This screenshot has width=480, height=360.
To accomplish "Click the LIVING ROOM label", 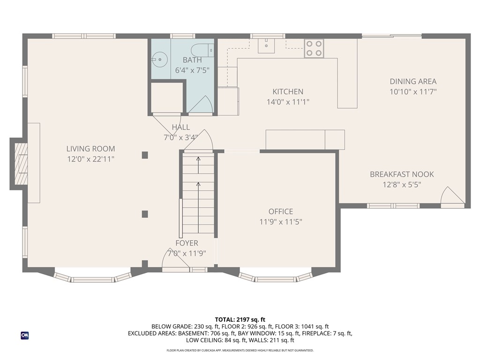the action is tap(90, 149).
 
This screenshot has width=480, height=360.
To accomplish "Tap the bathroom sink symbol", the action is tap(159, 60).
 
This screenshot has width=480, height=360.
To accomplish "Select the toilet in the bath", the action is tap(202, 50).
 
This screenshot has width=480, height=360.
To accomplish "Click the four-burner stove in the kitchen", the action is tap(314, 48).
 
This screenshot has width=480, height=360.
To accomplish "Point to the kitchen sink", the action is tap(266, 45).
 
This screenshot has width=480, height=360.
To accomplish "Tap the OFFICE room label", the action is tap(281, 211).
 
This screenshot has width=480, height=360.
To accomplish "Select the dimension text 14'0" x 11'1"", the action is tap(288, 102).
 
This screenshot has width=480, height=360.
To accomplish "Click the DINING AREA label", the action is tap(413, 82).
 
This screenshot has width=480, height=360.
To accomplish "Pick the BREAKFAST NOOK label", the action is tap(402, 174).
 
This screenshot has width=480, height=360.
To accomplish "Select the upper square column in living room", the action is tap(145, 155).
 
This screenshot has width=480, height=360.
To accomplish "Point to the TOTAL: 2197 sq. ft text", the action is tap(240, 320).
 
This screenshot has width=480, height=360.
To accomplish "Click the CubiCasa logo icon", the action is tap(25, 336).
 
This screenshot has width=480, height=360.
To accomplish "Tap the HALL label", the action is tap(180, 127).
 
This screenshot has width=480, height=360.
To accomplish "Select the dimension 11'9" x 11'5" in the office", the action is tap(281, 222).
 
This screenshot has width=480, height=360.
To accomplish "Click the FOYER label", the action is tap(187, 243).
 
